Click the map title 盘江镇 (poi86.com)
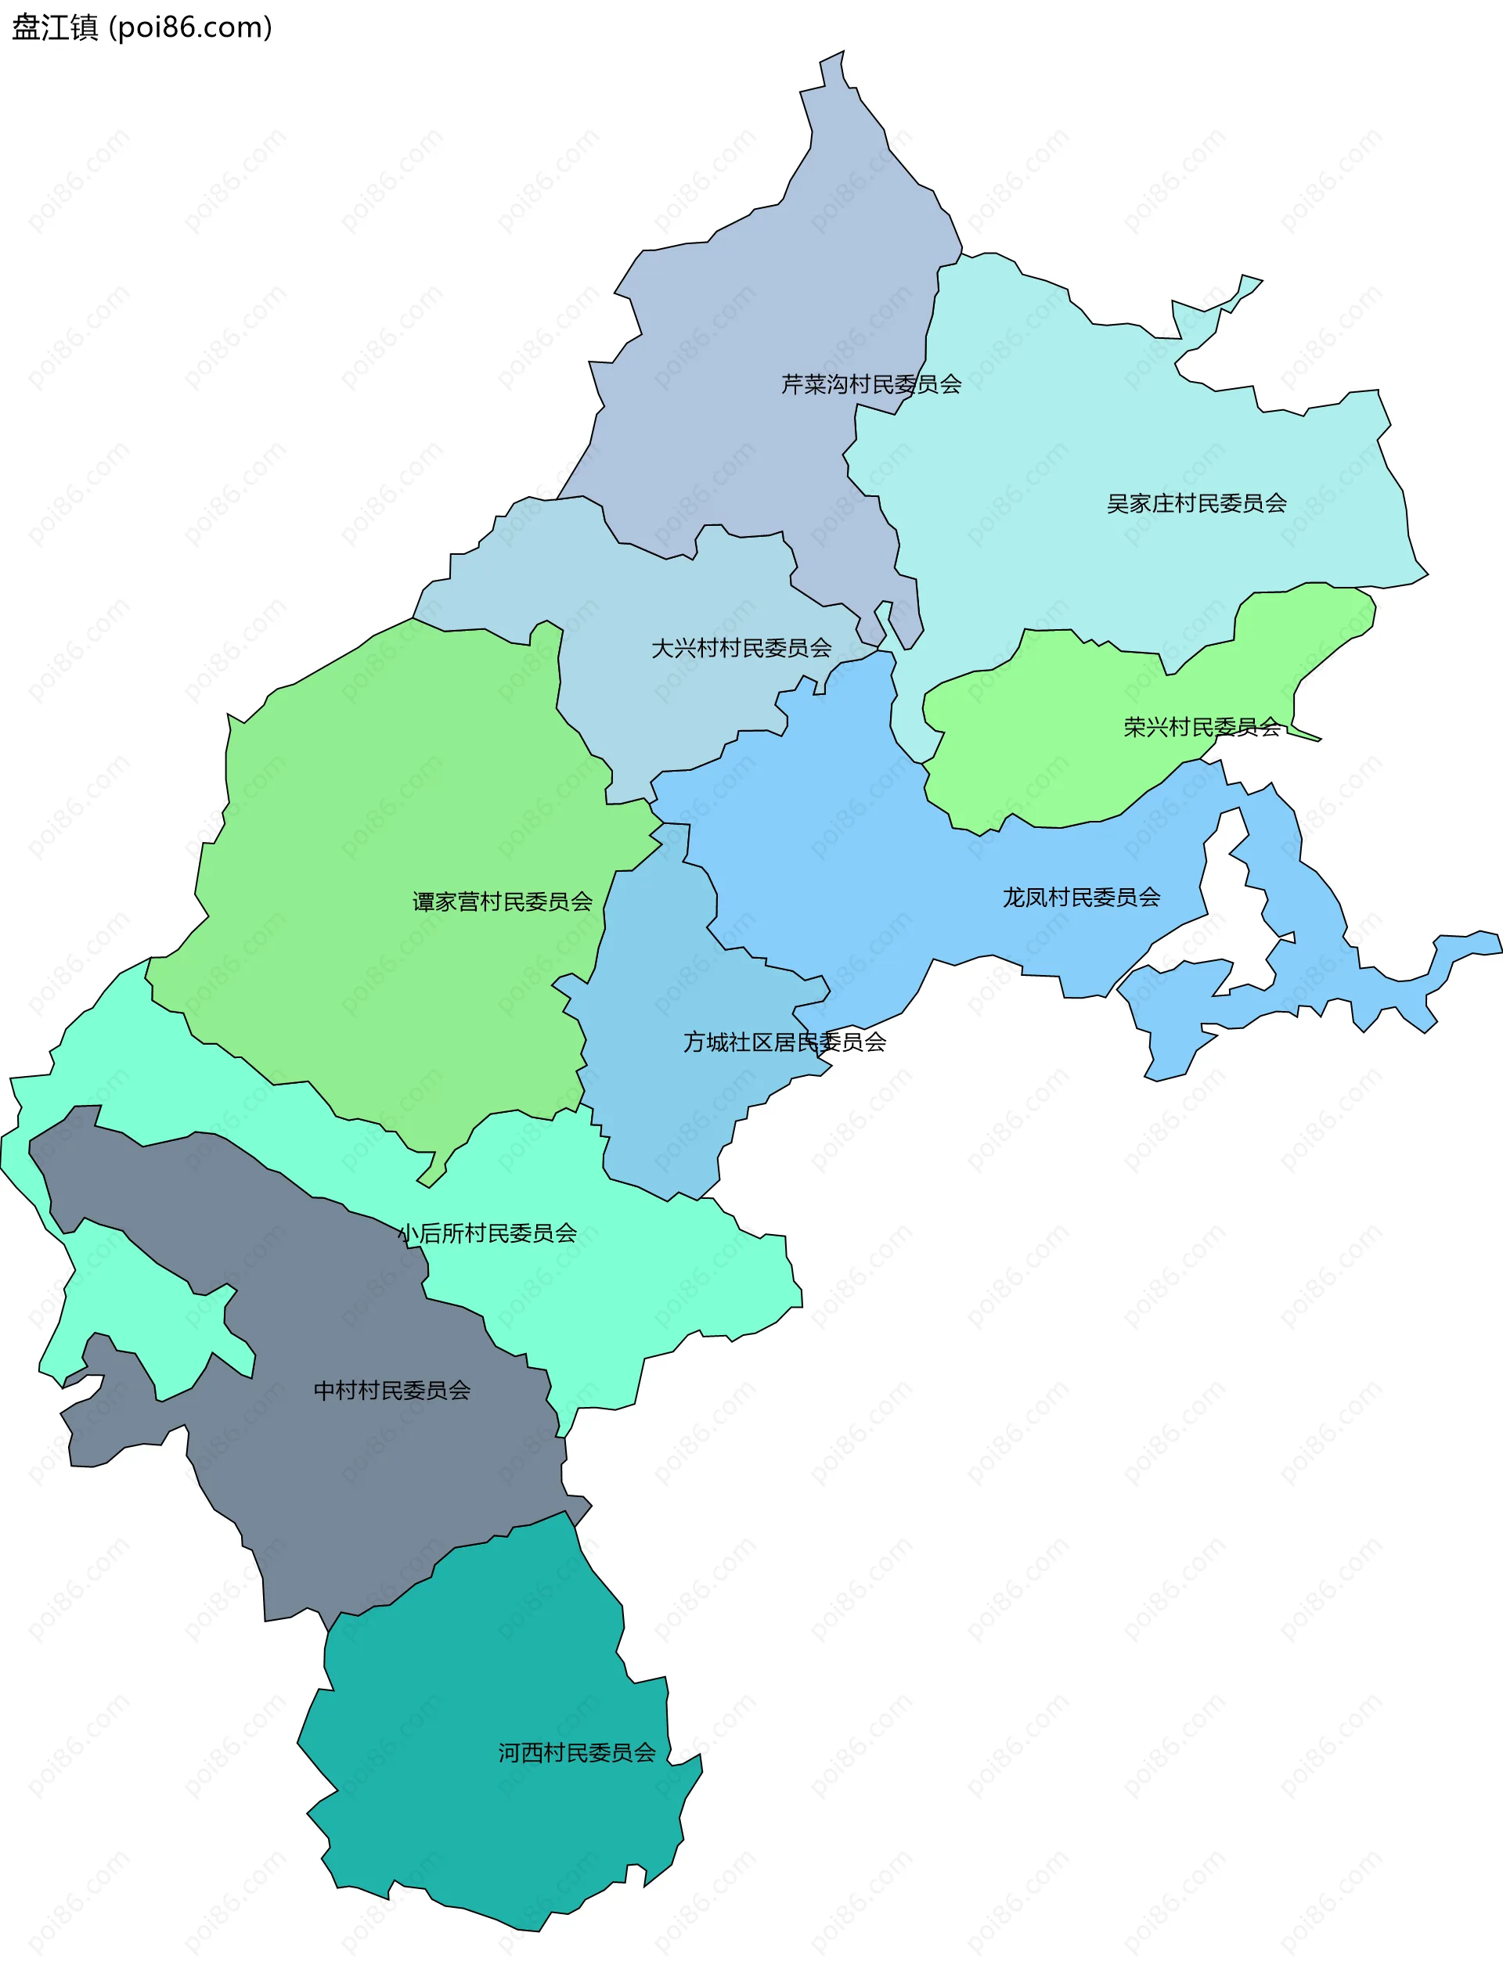click(x=142, y=28)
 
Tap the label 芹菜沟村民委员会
click(x=870, y=384)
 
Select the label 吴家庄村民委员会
click(x=1196, y=504)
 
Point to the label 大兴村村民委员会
click(x=741, y=648)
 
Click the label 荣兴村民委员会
click(x=1202, y=727)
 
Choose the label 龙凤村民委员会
click(x=1082, y=898)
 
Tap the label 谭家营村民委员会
click(x=503, y=902)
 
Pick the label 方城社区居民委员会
click(x=784, y=1042)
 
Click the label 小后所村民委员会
click(x=488, y=1233)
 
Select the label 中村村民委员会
click(x=392, y=1391)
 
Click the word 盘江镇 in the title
click(x=55, y=28)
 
